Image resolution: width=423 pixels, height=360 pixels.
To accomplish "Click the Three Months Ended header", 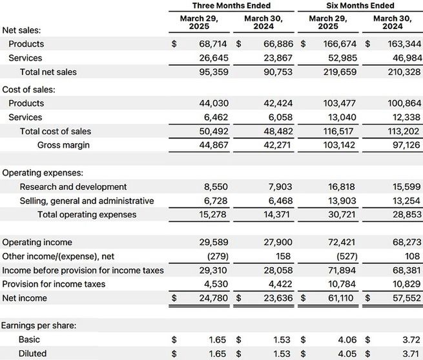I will point(231,5).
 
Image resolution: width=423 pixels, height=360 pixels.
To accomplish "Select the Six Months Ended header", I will point(360,5).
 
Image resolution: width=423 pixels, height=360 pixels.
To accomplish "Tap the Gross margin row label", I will point(63,145).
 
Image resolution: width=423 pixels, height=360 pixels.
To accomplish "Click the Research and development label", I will point(73,186).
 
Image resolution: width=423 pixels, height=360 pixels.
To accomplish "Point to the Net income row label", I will point(24,298).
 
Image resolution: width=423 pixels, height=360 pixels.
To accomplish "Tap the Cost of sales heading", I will point(28,90).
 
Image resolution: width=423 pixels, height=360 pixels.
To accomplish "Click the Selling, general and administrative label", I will point(87,201).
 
